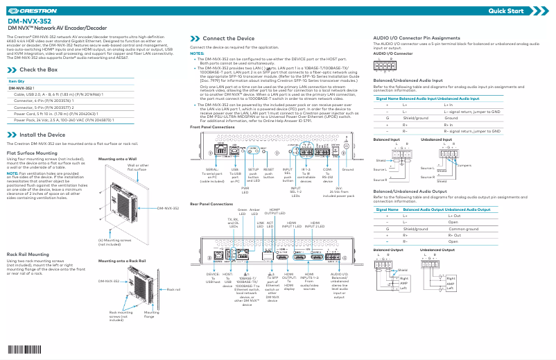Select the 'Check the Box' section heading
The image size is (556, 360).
[38, 70]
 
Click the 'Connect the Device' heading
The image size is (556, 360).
[228, 37]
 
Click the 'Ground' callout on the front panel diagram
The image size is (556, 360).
[348, 169]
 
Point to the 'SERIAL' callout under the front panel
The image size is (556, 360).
[213, 169]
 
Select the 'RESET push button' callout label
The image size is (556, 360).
[269, 173]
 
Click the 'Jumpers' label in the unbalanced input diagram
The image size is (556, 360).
[464, 166]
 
